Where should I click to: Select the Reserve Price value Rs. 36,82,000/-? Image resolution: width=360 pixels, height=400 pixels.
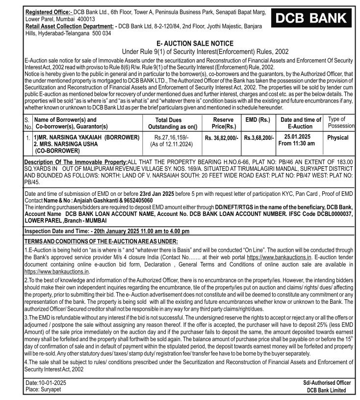[x=222, y=138]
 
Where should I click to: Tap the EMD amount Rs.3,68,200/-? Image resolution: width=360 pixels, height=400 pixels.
[x=259, y=138]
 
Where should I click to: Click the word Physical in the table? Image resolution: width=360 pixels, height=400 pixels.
[x=338, y=138]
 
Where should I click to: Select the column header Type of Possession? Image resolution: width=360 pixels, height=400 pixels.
[x=340, y=123]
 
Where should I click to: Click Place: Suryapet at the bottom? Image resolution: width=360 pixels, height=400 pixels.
[x=45, y=390]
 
